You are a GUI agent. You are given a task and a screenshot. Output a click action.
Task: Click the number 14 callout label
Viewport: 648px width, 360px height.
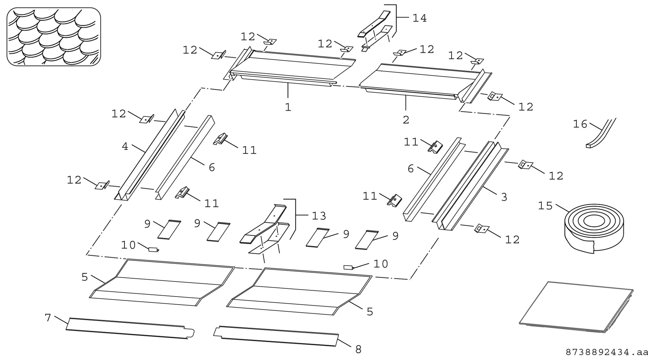[420, 18]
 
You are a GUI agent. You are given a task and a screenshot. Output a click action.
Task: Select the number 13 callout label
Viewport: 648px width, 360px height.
[319, 216]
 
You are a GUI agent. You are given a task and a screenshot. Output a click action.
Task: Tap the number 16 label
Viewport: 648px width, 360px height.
[580, 124]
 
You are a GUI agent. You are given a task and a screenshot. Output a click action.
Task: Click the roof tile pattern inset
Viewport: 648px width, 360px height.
[54, 36]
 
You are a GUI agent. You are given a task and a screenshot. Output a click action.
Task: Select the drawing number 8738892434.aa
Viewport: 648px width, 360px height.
[606, 353]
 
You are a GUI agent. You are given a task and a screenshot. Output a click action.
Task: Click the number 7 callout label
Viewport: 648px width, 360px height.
[48, 317]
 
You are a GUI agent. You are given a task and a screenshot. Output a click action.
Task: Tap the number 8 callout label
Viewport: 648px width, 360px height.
[358, 350]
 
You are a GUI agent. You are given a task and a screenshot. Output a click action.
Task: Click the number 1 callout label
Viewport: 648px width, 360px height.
[288, 107]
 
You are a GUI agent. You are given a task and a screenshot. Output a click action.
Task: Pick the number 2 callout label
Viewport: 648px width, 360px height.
[406, 120]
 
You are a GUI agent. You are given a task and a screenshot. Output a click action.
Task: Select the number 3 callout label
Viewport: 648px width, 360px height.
[504, 197]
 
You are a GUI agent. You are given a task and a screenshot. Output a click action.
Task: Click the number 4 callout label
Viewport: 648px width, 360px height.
[125, 146]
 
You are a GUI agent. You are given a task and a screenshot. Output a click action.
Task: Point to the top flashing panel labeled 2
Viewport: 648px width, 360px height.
[418, 81]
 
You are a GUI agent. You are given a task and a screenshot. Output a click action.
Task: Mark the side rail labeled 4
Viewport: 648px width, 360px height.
[152, 155]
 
